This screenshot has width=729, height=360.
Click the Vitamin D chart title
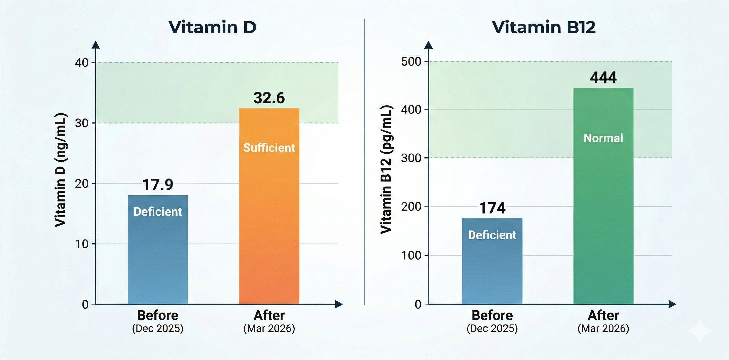click(213, 27)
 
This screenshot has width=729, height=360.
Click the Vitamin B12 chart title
click(544, 27)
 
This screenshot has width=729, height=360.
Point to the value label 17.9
click(158, 185)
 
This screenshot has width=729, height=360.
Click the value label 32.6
click(269, 98)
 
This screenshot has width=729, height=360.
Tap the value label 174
click(492, 208)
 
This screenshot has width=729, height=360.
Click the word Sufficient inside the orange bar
click(269, 148)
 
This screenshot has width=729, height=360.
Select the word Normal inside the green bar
click(603, 138)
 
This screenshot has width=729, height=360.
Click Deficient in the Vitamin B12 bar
click(492, 235)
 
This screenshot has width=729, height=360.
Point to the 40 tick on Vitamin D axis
click(82, 63)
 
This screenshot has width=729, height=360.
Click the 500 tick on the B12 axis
click(411, 61)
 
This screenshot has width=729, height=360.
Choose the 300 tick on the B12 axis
click(411, 158)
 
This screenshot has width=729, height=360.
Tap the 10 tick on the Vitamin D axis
click(82, 244)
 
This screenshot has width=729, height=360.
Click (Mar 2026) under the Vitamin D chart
click(269, 328)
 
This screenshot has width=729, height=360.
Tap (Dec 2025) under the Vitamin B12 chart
click(492, 328)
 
